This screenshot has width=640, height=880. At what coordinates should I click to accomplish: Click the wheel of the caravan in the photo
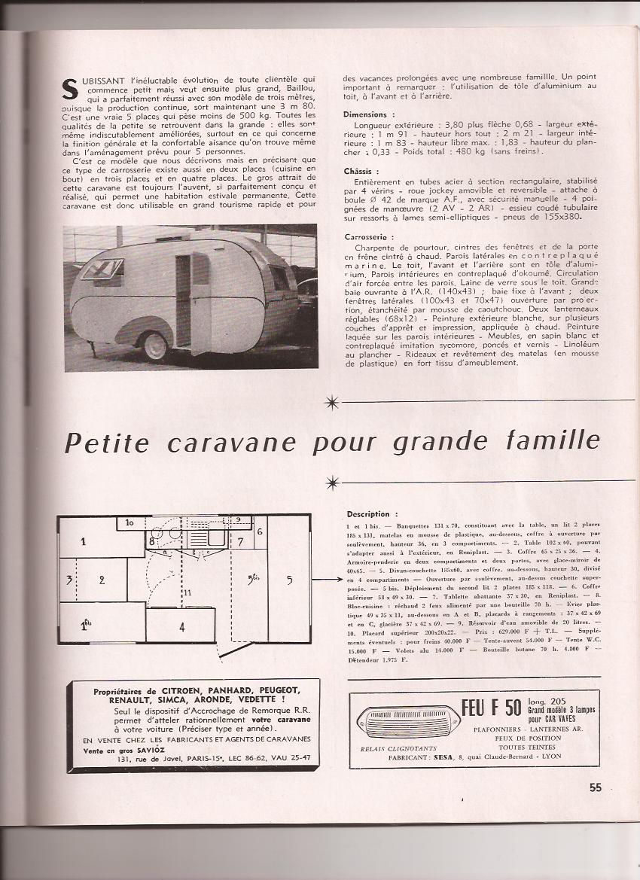point(156,345)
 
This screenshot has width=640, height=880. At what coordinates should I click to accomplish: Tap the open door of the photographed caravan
point(200,303)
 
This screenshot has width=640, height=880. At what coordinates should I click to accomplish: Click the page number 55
point(596,787)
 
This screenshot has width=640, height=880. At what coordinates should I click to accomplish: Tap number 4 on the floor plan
point(181,626)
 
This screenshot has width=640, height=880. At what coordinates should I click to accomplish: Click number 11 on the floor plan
point(187,593)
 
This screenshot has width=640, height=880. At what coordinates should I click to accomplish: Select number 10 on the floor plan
point(130,522)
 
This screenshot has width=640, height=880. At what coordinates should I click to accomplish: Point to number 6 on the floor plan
point(259,532)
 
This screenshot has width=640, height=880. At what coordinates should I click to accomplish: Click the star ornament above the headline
point(331,403)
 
